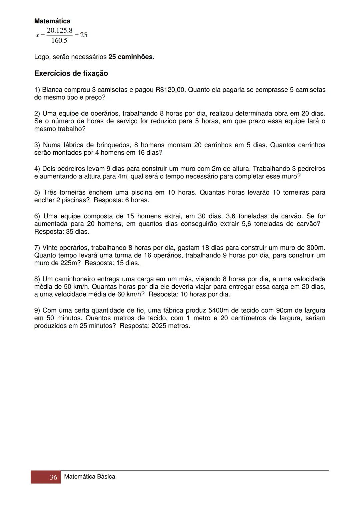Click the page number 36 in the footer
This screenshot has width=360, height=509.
[x=53, y=477]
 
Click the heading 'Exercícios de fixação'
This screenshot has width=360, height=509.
[x=71, y=73]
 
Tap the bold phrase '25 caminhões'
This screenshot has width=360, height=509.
[x=130, y=57]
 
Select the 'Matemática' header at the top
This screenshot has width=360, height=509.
[x=52, y=21]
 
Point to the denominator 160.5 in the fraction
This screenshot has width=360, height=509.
[x=59, y=41]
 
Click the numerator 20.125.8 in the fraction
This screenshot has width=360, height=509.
[x=60, y=31]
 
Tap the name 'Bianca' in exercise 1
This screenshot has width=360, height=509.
[x=52, y=90]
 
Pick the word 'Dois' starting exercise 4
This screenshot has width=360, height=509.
[x=49, y=169]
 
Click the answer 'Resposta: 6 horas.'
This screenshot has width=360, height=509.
[x=121, y=200]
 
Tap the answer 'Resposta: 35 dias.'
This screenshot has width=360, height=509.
[x=62, y=232]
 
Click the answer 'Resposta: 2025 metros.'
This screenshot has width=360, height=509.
[x=155, y=326]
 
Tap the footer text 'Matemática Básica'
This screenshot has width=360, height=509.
[x=89, y=477]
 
